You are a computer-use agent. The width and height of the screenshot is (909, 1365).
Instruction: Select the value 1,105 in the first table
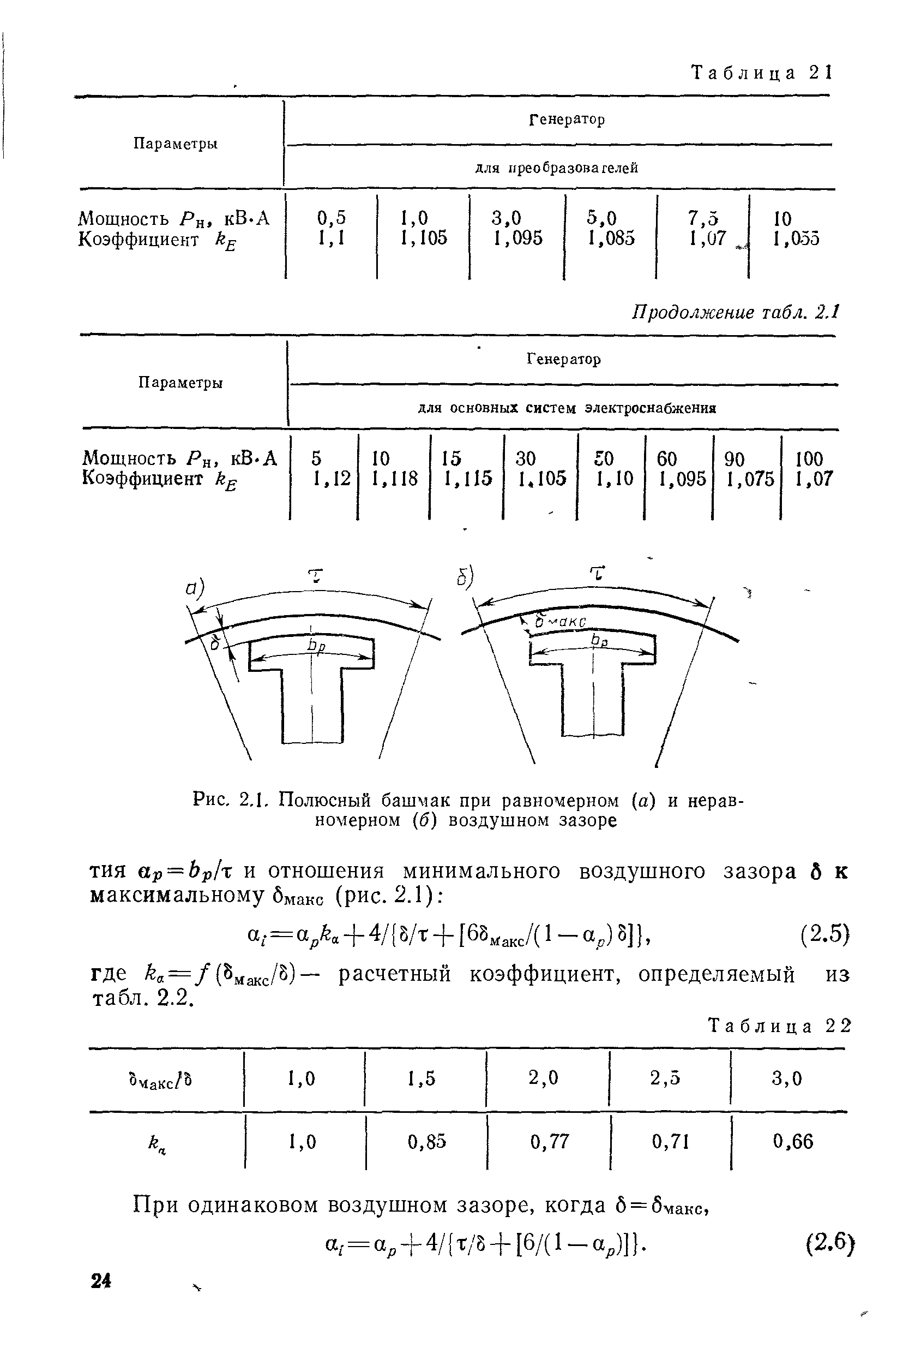(424, 238)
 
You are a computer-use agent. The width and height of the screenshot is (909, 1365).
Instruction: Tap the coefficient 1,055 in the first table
(796, 239)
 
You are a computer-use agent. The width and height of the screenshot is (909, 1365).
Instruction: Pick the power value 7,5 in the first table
(703, 218)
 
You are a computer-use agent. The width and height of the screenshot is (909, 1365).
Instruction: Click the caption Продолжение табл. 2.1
(735, 313)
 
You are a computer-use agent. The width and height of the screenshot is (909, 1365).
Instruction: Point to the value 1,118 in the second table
(394, 479)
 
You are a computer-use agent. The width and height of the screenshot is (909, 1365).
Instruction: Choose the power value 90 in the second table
(735, 459)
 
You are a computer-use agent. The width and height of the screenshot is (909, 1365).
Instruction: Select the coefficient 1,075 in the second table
(750, 479)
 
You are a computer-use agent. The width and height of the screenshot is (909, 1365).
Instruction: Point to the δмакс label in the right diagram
(560, 621)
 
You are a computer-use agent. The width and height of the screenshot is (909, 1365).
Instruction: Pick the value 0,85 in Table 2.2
(426, 1142)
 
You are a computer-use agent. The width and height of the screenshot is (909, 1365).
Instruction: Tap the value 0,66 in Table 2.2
(793, 1142)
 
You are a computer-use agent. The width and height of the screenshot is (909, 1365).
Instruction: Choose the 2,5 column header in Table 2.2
(665, 1078)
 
